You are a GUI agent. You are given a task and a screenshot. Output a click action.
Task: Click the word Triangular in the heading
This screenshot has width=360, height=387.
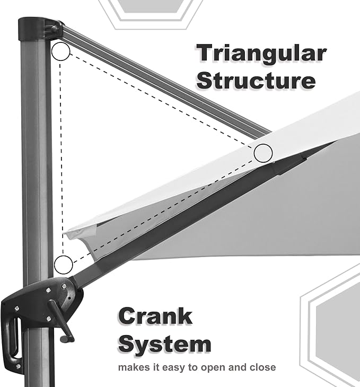[262, 54]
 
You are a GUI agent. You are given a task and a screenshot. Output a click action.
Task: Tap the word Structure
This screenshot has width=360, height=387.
[256, 81]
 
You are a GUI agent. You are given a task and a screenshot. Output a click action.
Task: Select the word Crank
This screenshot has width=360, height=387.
[155, 316]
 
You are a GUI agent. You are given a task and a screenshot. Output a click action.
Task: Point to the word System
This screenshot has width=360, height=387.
[165, 344]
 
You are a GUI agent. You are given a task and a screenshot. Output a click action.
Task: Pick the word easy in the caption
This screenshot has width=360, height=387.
[174, 368]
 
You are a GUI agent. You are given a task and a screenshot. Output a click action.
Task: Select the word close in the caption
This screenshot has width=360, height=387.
[263, 367]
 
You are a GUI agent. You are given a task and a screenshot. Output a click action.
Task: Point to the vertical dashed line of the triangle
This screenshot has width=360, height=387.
[62, 158]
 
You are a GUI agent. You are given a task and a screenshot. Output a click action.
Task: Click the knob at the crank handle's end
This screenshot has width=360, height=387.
[67, 339]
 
